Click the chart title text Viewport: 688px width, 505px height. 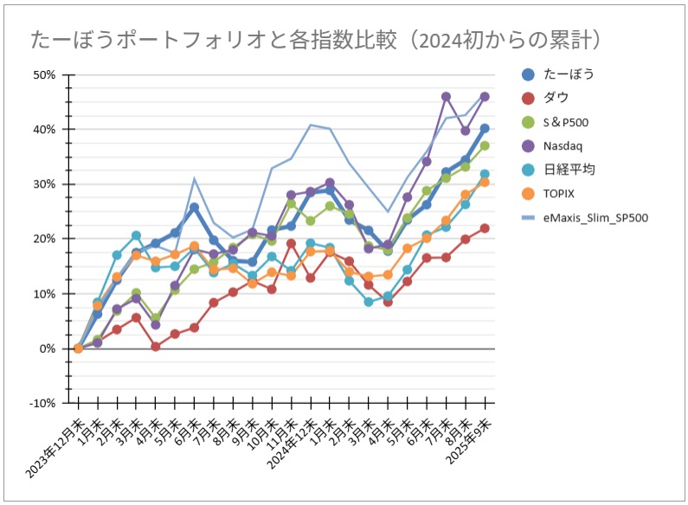(317, 40)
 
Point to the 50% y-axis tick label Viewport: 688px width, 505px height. (44, 74)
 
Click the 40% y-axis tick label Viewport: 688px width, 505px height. (44, 129)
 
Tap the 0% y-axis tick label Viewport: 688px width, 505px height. (48, 348)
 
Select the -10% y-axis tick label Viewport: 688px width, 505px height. (42, 403)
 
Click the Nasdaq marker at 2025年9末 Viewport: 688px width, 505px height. (485, 97)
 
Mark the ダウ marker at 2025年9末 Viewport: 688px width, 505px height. (485, 228)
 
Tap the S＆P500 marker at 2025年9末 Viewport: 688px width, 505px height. (485, 145)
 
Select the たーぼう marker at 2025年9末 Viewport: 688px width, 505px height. (485, 129)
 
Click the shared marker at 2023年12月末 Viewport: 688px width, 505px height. (78, 348)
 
